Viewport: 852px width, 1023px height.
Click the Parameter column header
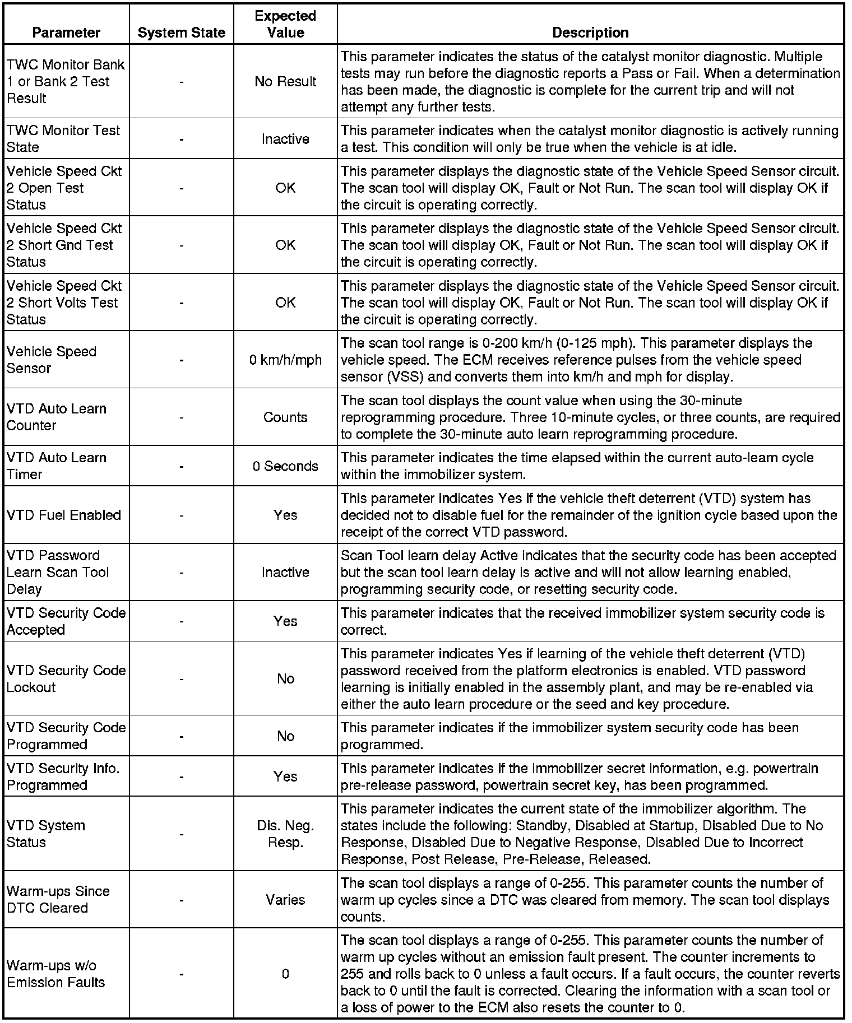(66, 32)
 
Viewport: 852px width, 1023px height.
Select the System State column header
(181, 32)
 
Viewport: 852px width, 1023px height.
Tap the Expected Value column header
(285, 24)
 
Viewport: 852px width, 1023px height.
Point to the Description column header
(590, 32)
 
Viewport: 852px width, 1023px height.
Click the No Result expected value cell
(285, 81)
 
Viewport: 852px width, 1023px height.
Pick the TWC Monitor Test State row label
(63, 138)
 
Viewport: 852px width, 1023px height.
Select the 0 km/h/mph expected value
(285, 360)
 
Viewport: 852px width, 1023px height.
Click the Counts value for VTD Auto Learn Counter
(285, 417)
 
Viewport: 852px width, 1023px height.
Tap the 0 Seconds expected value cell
(285, 466)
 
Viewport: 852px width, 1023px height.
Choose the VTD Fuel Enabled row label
(64, 515)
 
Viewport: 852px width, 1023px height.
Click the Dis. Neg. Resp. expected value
(285, 834)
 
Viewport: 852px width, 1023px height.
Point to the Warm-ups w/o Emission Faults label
(56, 974)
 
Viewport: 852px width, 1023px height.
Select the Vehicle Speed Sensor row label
(52, 360)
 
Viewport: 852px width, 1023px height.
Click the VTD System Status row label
(46, 834)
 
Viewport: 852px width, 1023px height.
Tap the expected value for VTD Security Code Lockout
(285, 678)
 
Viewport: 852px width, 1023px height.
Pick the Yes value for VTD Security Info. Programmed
(285, 776)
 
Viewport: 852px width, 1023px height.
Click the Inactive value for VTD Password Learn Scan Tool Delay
(285, 572)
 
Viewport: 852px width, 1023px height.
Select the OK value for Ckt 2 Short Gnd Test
(285, 245)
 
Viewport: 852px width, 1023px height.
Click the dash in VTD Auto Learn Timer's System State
(182, 466)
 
